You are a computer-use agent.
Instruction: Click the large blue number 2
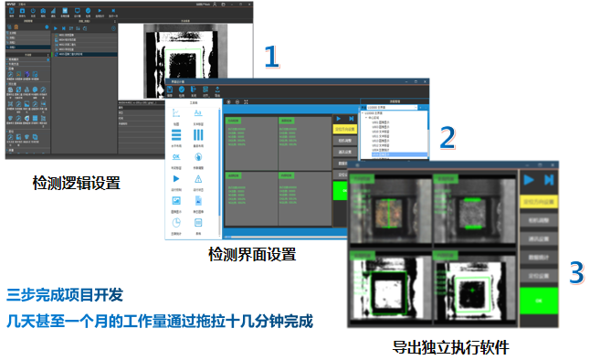(x=448, y=137)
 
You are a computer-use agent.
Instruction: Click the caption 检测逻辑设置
(x=77, y=184)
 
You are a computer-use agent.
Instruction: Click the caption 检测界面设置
(x=252, y=253)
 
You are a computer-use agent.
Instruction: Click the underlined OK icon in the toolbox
(x=175, y=156)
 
